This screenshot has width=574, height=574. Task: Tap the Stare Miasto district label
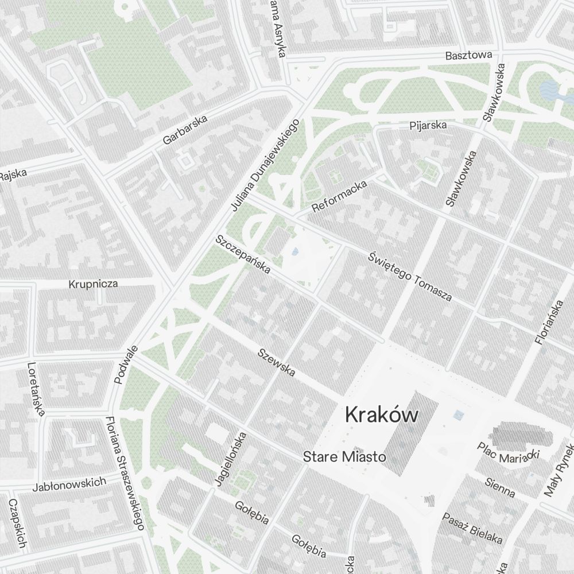pyautogui.click(x=344, y=457)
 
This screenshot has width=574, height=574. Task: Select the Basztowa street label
pyautogui.click(x=469, y=56)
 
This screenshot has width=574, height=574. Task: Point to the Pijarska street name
pyautogui.click(x=428, y=125)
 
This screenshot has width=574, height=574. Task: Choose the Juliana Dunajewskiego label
pyautogui.click(x=265, y=164)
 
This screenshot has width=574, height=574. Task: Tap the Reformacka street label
pyautogui.click(x=339, y=195)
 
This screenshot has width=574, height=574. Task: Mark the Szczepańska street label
pyautogui.click(x=243, y=254)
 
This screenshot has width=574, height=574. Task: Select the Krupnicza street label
pyautogui.click(x=93, y=284)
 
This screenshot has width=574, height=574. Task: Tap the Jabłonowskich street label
pyautogui.click(x=69, y=484)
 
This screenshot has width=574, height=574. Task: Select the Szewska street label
pyautogui.click(x=277, y=363)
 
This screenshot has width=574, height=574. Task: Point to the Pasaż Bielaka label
pyautogui.click(x=472, y=528)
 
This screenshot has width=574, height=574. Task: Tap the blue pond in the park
pyautogui.click(x=549, y=90)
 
